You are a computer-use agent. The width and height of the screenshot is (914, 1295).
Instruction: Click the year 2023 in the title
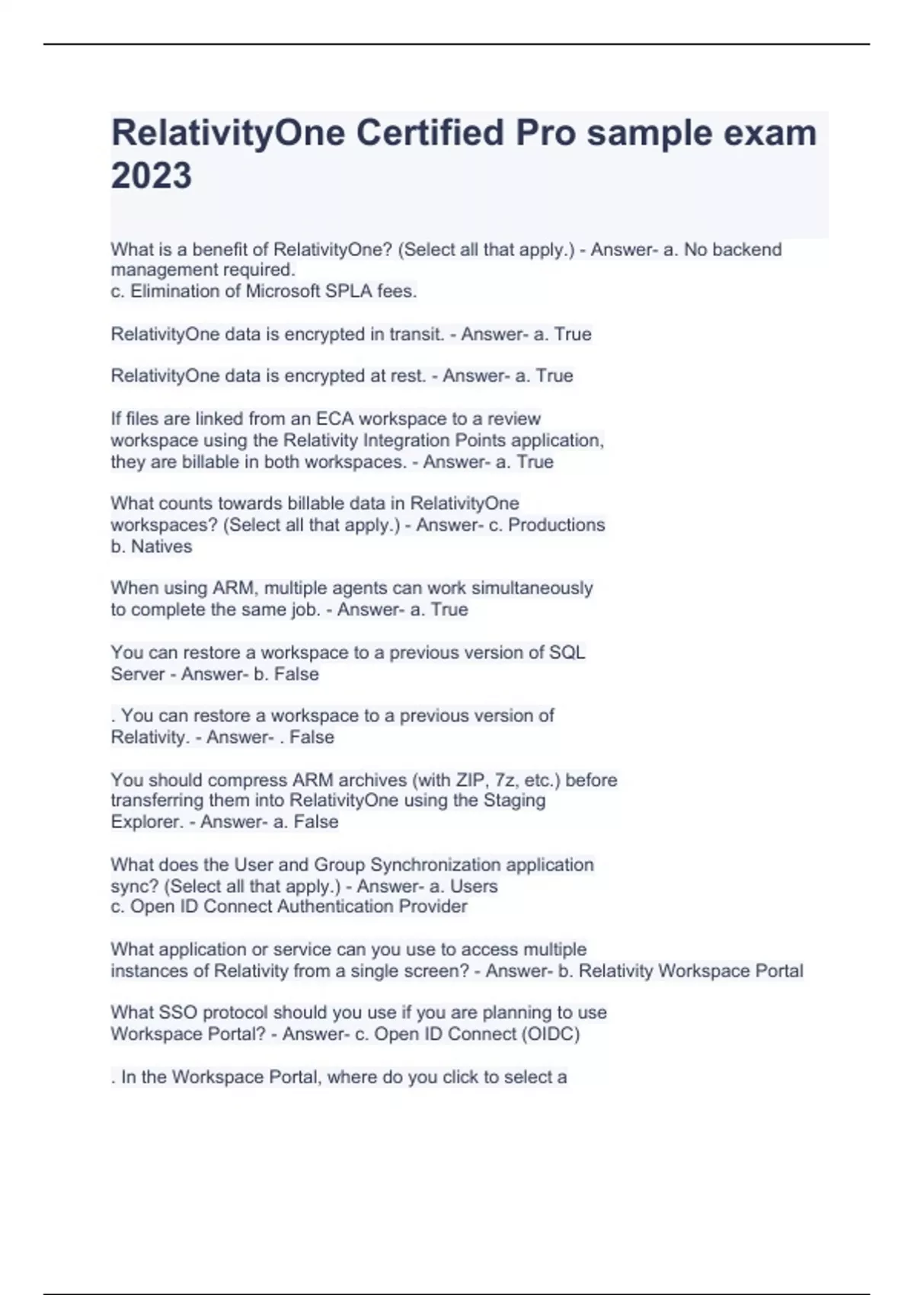pos(152,176)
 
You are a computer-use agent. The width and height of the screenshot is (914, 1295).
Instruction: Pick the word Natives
pos(161,546)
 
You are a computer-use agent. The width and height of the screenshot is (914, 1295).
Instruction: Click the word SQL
pos(567,653)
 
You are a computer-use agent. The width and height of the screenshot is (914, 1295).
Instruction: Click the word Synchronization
pos(436,865)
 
